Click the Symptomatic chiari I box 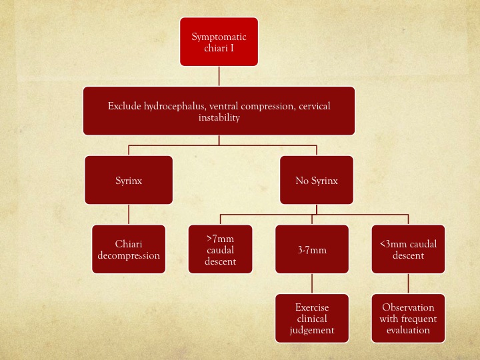219,41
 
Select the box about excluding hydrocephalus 219,111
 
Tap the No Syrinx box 317,180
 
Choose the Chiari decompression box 129,249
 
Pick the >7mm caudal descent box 221,249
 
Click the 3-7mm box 312,249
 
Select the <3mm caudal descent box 409,249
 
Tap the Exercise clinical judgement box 312,319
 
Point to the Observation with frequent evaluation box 409,319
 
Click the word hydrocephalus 174,106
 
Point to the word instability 219,117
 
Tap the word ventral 224,106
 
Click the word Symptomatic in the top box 219,37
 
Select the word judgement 312,330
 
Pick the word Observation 408,307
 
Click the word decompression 129,256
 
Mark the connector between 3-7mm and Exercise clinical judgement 312,284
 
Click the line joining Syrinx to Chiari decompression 129,215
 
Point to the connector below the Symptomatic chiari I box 219,76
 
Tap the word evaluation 408,330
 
